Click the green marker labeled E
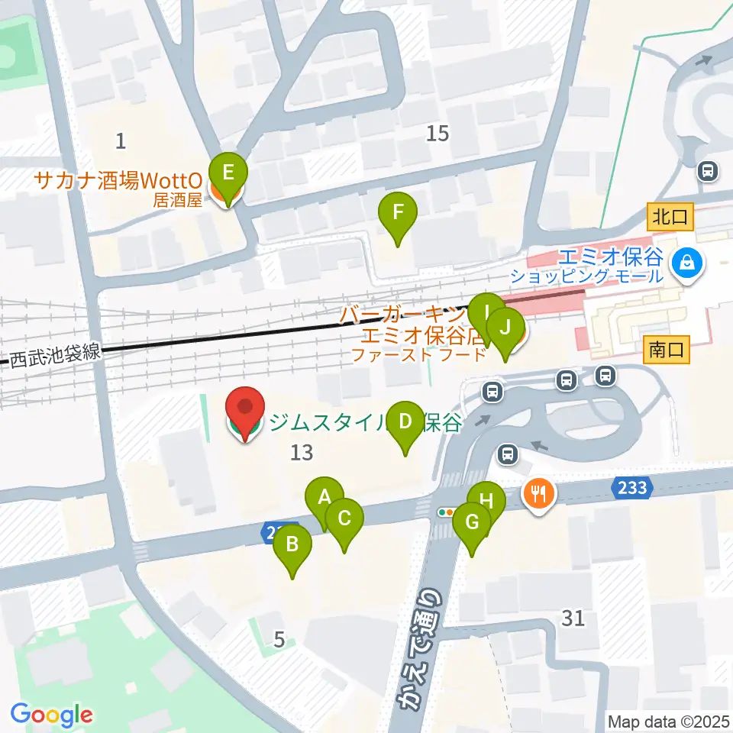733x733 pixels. pyautogui.click(x=228, y=173)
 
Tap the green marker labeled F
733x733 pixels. pyautogui.click(x=397, y=212)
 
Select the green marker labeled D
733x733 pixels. pyautogui.click(x=405, y=421)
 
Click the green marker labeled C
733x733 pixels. pyautogui.click(x=344, y=519)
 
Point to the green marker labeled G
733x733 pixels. pyautogui.click(x=471, y=524)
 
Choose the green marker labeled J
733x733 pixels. pyautogui.click(x=505, y=328)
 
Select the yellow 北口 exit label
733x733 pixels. pyautogui.click(x=670, y=217)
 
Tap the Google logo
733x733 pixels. pyautogui.click(x=51, y=715)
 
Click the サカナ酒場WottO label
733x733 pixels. pyautogui.click(x=119, y=181)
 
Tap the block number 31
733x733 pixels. pyautogui.click(x=573, y=618)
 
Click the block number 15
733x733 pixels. pyautogui.click(x=438, y=134)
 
